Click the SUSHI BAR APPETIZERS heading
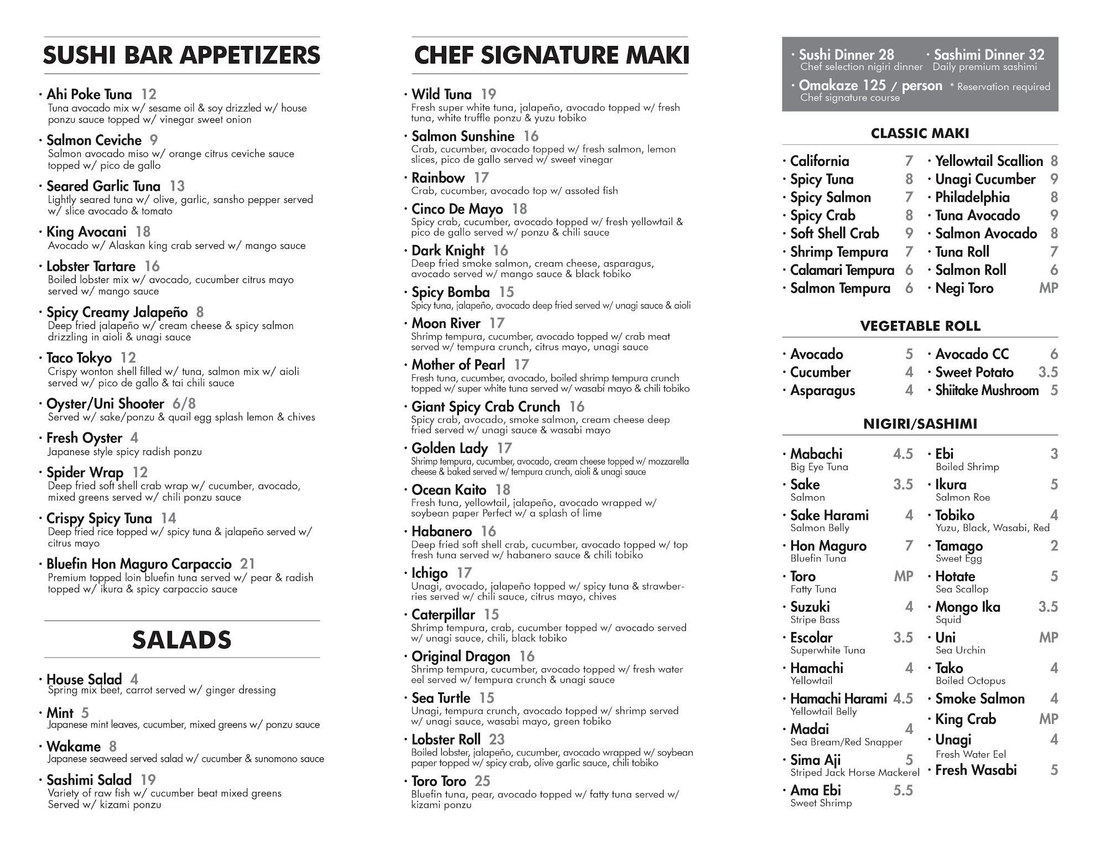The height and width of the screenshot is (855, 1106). point(181,55)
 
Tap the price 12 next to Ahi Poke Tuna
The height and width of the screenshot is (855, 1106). point(149,95)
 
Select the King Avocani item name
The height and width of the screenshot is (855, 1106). point(86,232)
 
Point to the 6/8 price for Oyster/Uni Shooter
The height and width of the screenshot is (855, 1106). point(184,404)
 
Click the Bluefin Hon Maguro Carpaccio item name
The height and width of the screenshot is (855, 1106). point(139,564)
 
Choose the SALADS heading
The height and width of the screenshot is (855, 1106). point(181,640)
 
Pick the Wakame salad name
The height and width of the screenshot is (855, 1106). point(74,747)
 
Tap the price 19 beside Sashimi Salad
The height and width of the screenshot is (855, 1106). point(148,780)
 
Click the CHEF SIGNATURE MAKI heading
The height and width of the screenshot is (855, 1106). point(551,55)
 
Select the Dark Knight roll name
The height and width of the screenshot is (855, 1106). point(448,251)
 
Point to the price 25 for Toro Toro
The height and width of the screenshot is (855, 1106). point(482,781)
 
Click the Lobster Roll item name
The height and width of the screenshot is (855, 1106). point(446,739)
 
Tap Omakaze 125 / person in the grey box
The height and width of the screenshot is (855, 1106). point(870,86)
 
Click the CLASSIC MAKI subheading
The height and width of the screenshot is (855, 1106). point(920,133)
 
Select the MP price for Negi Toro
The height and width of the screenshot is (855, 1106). point(1048,288)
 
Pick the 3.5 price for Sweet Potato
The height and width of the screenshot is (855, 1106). point(1048,372)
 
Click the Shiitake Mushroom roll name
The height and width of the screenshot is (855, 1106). point(987,390)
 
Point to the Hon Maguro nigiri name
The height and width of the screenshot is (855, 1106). point(828,546)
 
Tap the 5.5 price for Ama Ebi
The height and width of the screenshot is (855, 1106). point(903,791)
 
